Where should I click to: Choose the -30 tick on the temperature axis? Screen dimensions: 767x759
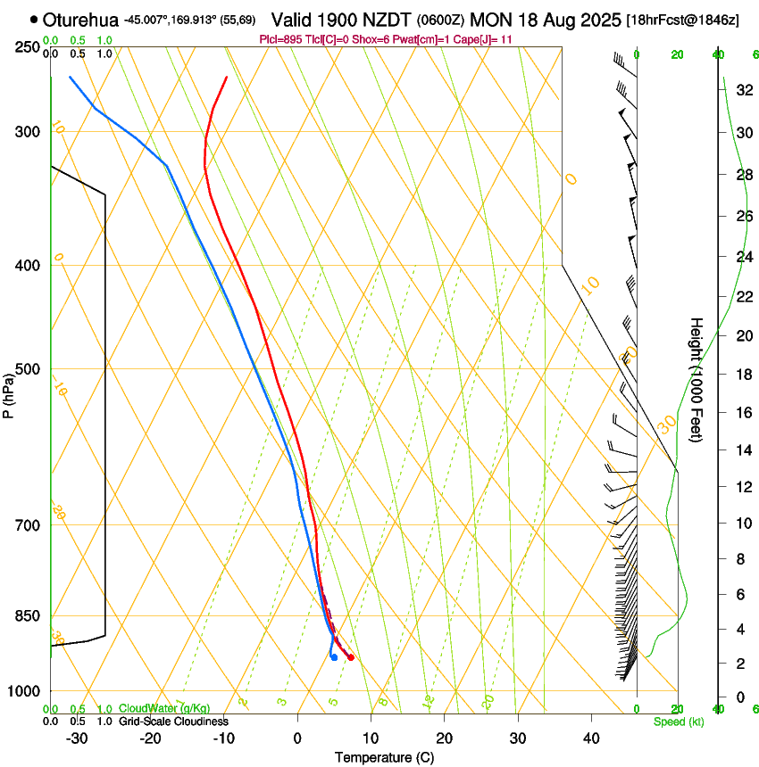[77, 738]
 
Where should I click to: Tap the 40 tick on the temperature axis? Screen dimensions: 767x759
[590, 738]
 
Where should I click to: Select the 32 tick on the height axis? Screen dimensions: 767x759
[742, 90]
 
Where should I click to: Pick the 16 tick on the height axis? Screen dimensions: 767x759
[742, 412]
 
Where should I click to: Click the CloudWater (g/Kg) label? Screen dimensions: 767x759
[164, 708]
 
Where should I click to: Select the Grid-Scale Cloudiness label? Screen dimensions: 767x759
[173, 721]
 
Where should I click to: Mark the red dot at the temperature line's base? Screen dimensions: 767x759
[351, 657]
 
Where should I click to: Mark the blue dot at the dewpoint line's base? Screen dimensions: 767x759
[334, 657]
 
